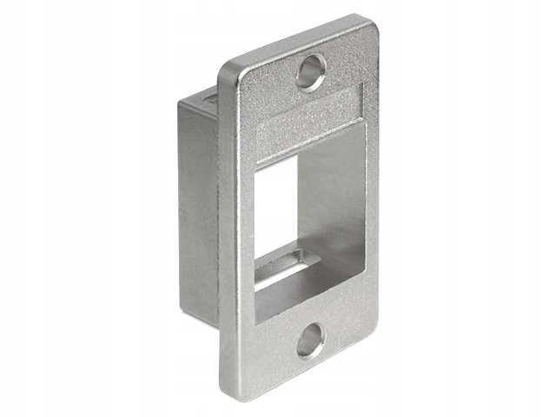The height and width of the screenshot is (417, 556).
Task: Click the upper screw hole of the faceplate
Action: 310,72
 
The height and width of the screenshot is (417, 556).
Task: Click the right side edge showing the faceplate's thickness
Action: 379,191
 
